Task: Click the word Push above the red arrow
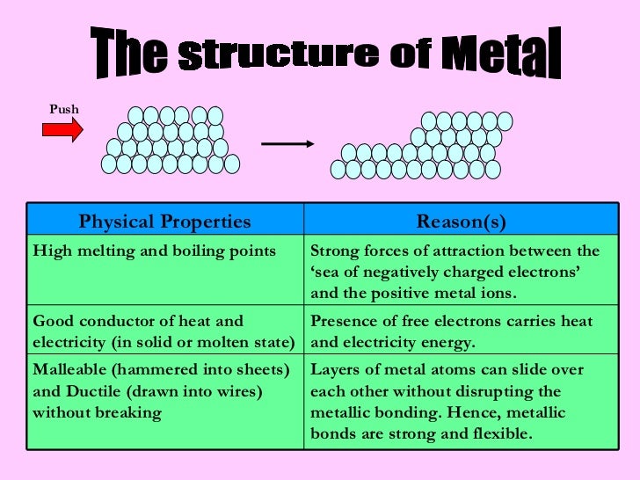(63, 109)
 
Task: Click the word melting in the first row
(102, 251)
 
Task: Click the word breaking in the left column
(130, 412)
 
